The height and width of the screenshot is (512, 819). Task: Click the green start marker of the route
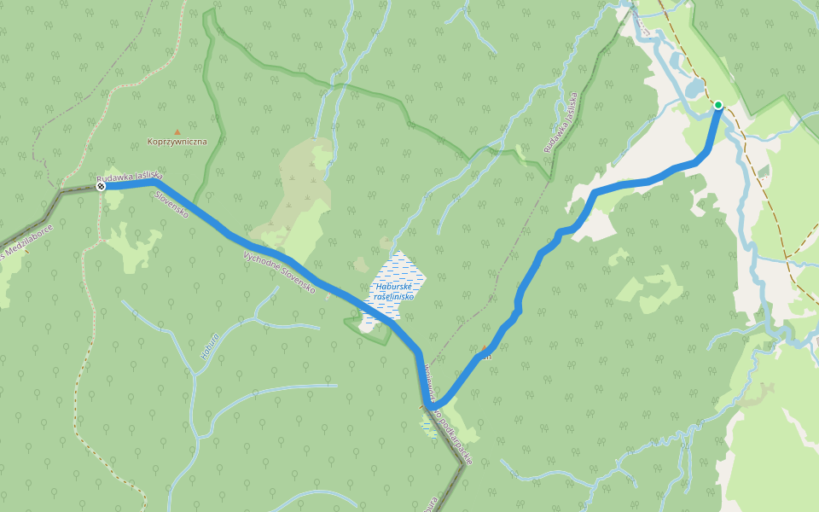point(718,105)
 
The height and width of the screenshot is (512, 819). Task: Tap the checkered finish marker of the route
point(101,185)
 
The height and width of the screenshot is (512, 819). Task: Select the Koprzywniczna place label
point(177,142)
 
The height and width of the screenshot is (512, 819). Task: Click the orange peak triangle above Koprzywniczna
point(177,131)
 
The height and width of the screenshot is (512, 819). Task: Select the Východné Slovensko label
point(279,273)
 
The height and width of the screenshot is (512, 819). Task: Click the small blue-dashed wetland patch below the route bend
point(429,427)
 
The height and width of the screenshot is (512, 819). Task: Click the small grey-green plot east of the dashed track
point(763,171)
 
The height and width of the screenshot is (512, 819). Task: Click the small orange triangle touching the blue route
point(485,350)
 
